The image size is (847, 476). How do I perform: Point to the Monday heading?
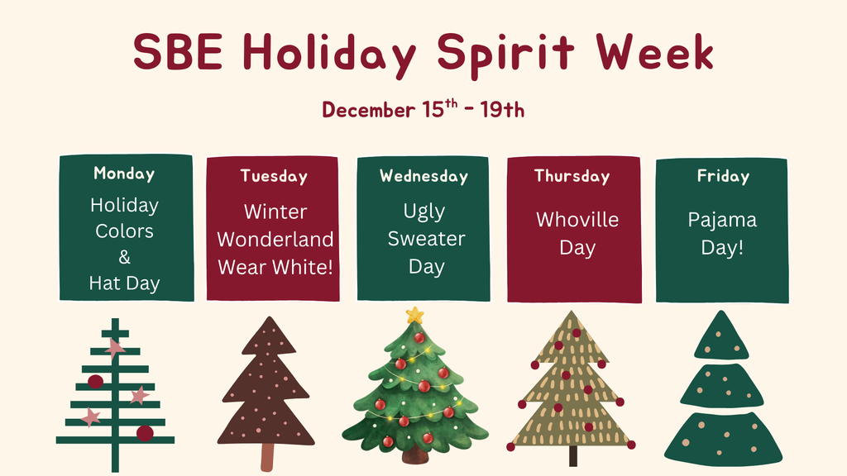pos(124,174)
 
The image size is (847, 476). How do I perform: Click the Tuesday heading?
pos(274,176)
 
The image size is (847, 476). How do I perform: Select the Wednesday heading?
pos(423,176)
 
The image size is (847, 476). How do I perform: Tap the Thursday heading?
pos(572,176)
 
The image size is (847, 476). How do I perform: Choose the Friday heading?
pos(723,176)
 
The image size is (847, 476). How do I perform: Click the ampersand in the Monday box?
pos(124,257)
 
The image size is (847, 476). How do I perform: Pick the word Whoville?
pos(577,220)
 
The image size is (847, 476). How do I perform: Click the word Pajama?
pos(722,220)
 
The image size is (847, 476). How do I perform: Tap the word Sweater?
pos(426,240)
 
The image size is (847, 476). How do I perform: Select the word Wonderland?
pos(275,240)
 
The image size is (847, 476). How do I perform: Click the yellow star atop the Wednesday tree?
pos(414,315)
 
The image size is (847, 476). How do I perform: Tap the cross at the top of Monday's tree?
pos(115,332)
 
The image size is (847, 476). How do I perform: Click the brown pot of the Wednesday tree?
pos(415,455)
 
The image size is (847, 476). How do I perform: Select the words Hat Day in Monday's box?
pos(124,283)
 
